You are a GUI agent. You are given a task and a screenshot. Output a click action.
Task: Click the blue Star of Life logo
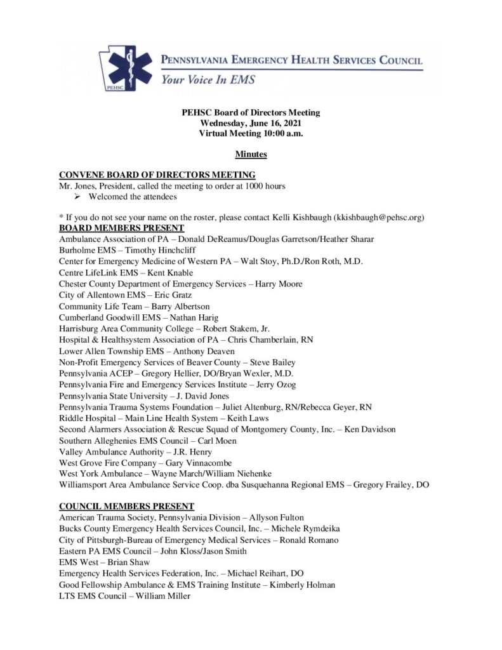pyautogui.click(x=129, y=67)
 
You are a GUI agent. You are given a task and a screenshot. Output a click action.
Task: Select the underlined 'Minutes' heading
pyautogui.click(x=251, y=154)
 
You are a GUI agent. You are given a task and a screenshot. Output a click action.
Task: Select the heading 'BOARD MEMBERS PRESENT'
pyautogui.click(x=121, y=228)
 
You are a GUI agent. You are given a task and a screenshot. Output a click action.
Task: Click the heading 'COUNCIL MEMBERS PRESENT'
pyautogui.click(x=126, y=507)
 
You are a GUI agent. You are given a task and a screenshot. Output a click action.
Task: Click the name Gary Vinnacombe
pyautogui.click(x=188, y=463)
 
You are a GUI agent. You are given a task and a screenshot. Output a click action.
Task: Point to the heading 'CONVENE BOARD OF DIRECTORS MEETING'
pyautogui.click(x=157, y=175)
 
